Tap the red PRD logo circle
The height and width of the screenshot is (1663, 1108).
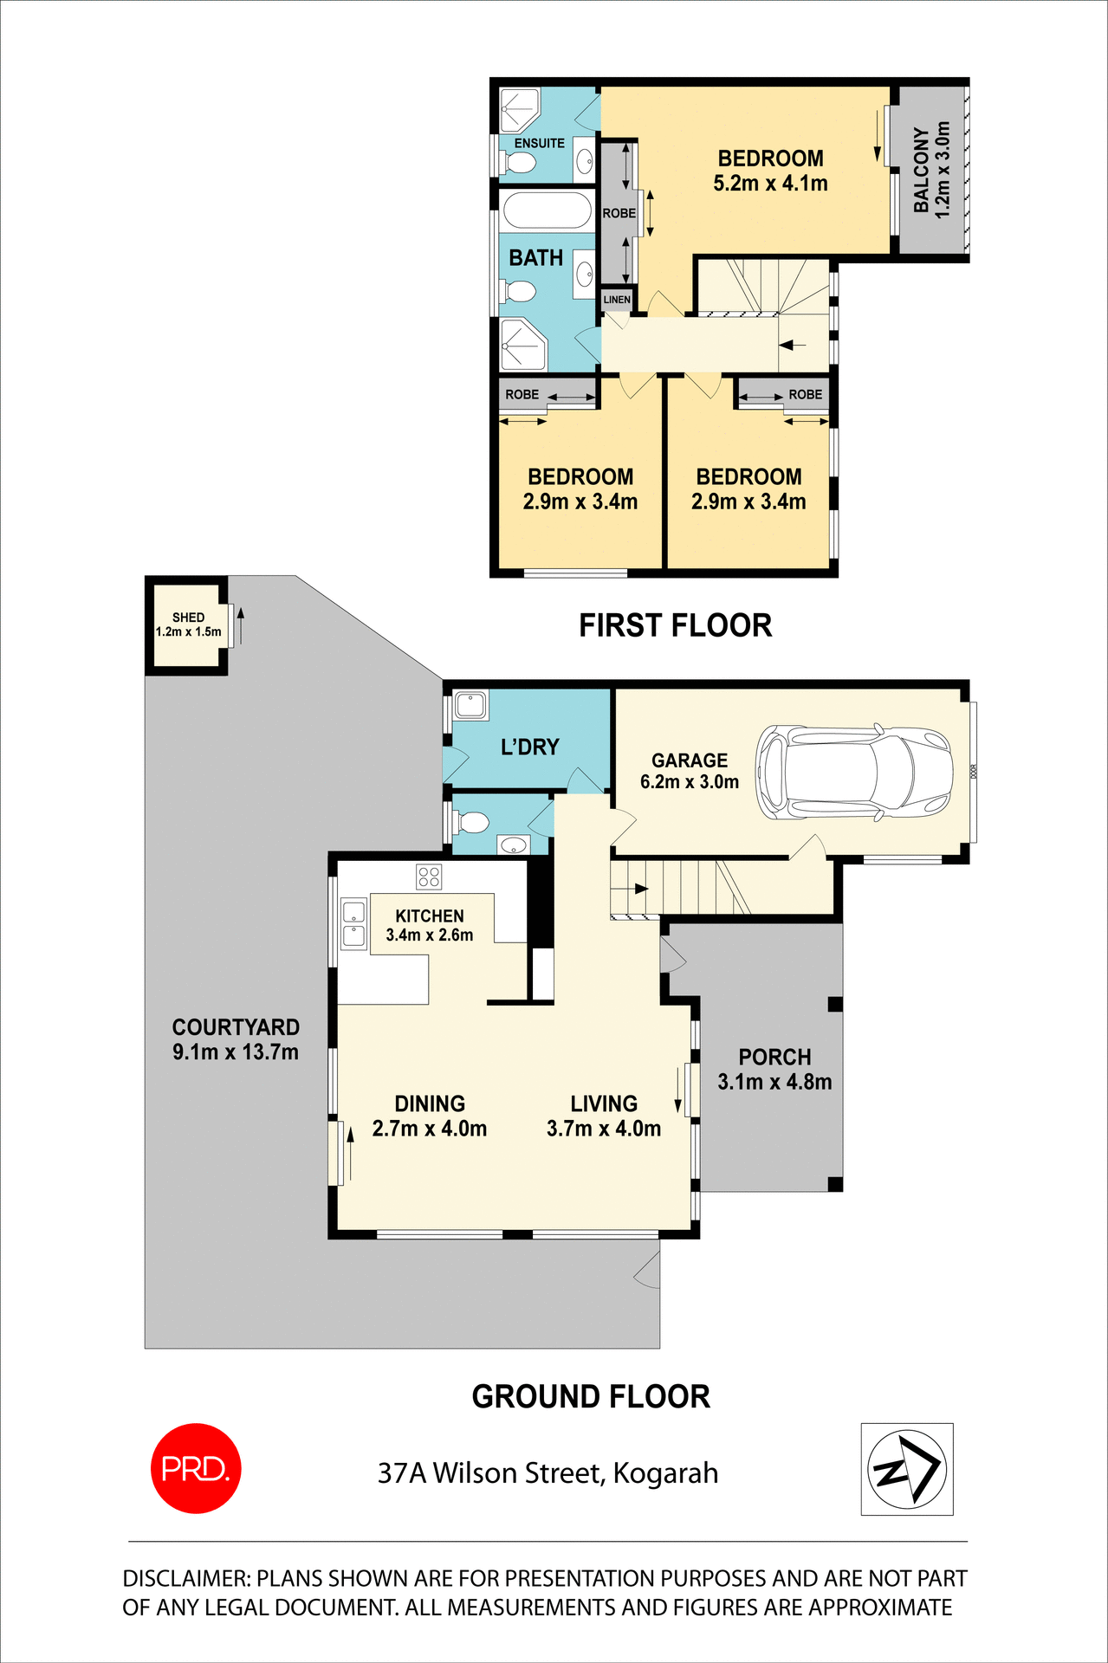coord(196,1468)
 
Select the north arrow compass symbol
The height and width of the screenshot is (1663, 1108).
coord(907,1469)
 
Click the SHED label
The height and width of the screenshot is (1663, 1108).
coord(188,618)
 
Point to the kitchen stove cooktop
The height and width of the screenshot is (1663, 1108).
coord(429,877)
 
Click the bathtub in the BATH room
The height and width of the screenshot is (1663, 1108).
coord(547,210)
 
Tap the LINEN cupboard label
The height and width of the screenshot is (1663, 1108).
coord(617,300)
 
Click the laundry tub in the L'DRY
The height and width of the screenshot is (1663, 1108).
coord(470,704)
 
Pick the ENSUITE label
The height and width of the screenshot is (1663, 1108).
coord(539,144)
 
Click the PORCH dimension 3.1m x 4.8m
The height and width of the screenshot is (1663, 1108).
coord(774,1082)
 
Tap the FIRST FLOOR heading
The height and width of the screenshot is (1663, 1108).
coord(675,625)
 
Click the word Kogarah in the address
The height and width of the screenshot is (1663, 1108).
coord(665,1473)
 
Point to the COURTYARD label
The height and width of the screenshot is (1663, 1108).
coord(236,1027)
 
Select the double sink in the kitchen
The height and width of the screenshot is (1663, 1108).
coord(353,923)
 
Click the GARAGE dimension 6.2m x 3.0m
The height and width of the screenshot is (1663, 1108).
coord(690,782)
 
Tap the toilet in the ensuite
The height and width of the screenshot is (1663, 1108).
coord(522,162)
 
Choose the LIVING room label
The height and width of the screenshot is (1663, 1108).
coord(604,1103)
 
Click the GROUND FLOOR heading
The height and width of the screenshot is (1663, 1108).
coord(591,1397)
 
